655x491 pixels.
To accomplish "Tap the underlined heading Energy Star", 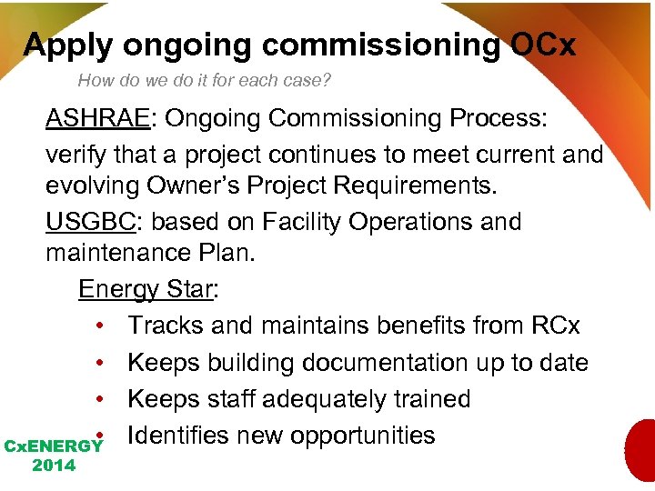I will (145, 289).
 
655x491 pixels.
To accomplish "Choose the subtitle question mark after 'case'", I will (327, 80).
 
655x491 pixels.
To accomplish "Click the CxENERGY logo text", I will (54, 446).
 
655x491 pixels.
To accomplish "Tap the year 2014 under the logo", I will (54, 466).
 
